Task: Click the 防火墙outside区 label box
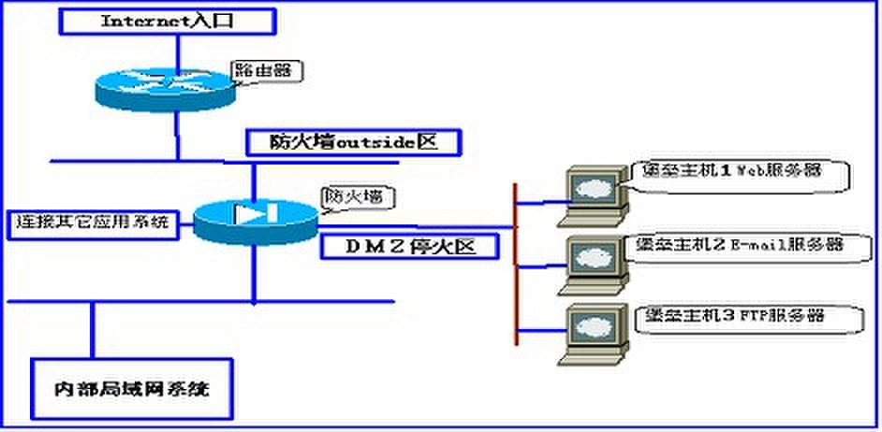(x=353, y=142)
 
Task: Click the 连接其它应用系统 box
(x=92, y=223)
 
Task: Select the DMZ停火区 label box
(x=408, y=247)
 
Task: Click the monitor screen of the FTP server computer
(x=593, y=323)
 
